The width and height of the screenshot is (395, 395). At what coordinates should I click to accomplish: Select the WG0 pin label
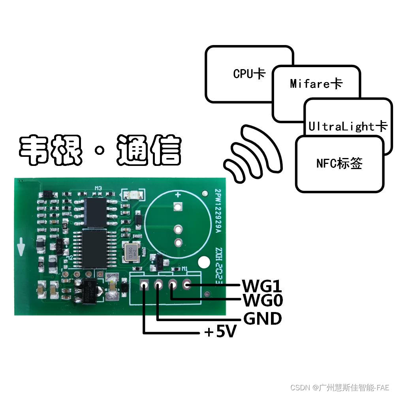pos(263,301)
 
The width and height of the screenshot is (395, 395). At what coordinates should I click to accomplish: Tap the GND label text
pos(262,318)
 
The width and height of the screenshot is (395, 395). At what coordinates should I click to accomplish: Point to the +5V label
pos(220,333)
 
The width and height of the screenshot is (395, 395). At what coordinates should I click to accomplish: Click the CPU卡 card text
pos(249,73)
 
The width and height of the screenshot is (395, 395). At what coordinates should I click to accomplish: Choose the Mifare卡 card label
pos(316,84)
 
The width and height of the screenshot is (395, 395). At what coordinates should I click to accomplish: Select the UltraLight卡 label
pos(348,126)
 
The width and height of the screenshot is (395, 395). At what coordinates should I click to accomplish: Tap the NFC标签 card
pos(339,164)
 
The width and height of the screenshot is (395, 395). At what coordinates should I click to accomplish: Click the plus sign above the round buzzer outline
pos(178,194)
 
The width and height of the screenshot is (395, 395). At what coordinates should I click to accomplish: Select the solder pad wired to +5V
pos(144,284)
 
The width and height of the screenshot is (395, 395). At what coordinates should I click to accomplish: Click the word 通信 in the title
pos(149,150)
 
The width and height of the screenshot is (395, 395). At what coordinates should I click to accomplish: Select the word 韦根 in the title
pos(51,150)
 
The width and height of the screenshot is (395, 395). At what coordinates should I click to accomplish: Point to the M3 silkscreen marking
pos(98,189)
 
